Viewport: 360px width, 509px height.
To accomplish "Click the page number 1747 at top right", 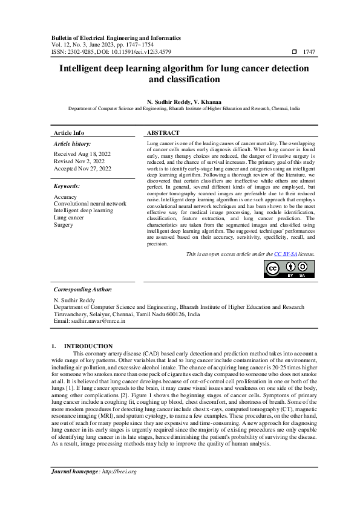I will point(309,52).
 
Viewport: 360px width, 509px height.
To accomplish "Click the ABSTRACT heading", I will point(163,132).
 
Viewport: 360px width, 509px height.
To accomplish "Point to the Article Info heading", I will point(69,132).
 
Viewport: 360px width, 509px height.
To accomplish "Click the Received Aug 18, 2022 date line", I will point(79,154).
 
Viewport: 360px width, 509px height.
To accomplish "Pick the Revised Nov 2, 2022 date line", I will point(79,161).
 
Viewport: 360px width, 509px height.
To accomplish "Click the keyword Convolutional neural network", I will point(90,204).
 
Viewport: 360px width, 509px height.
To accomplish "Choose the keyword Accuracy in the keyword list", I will point(65,197).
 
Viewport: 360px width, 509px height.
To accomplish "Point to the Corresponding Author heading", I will point(83,290).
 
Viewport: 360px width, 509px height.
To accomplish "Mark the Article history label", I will point(72,144).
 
